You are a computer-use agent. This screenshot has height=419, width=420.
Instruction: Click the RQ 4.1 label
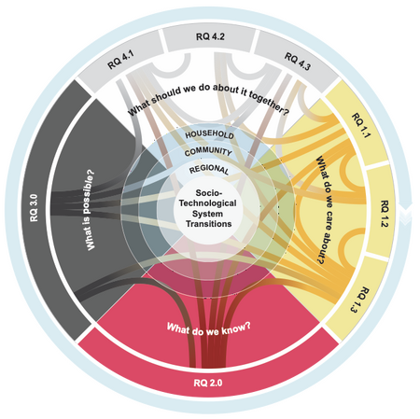coord(120,60)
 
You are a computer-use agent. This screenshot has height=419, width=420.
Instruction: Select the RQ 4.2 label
coord(210,36)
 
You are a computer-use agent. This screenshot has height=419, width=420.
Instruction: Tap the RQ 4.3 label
coord(298,62)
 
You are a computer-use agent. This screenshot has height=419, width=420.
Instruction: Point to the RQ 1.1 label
coord(361,125)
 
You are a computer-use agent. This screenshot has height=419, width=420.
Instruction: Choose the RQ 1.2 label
coord(385,214)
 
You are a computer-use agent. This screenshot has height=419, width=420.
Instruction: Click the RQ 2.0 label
coord(208,383)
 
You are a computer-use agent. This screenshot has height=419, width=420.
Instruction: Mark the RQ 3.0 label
coord(34,208)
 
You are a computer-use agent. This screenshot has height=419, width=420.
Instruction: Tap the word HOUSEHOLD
coord(209,134)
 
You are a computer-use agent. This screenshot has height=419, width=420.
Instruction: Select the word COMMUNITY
coord(208,152)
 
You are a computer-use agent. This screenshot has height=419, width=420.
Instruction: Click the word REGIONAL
coord(209,169)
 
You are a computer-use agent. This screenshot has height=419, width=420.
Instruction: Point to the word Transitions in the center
coord(209,224)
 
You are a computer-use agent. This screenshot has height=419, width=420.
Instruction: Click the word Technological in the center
coord(207,203)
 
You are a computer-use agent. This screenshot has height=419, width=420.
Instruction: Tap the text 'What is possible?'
coord(89,210)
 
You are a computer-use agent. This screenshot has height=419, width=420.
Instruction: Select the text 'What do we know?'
coord(209,328)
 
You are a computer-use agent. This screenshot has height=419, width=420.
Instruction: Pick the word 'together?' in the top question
coord(269,103)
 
